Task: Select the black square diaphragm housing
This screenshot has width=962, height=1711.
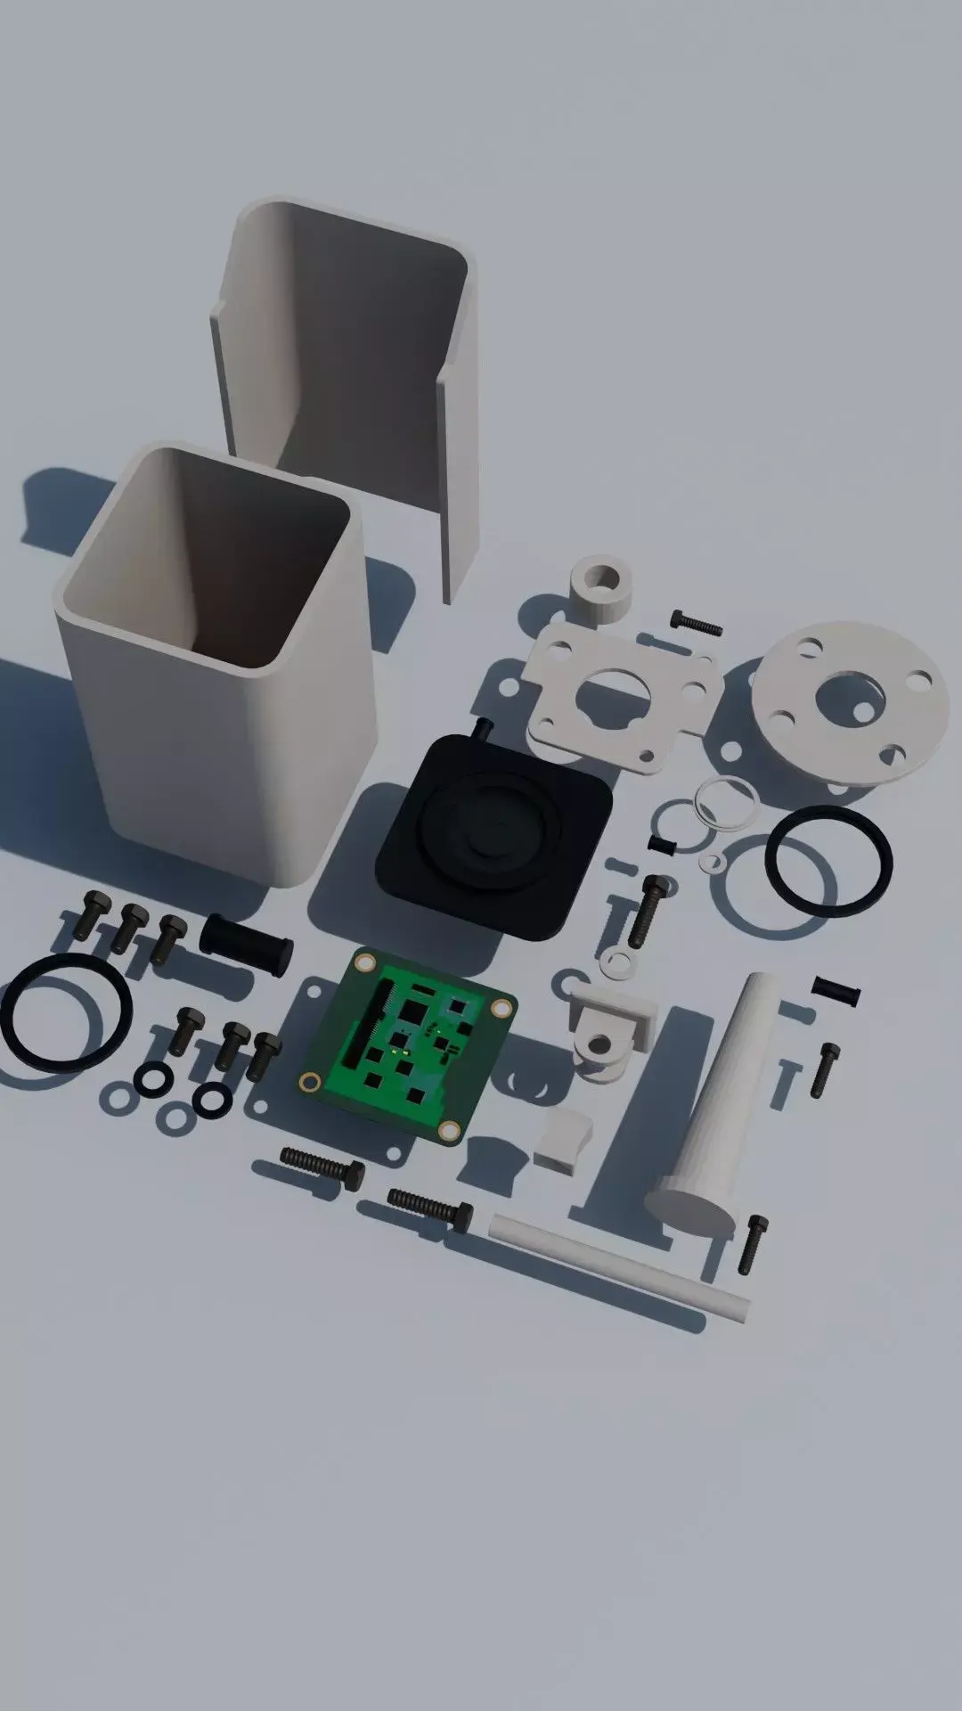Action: pyautogui.click(x=494, y=833)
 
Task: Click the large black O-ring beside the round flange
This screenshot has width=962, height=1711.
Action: pyautogui.click(x=828, y=861)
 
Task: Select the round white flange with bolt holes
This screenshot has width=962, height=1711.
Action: pyautogui.click(x=846, y=700)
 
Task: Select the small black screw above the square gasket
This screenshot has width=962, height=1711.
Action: pyautogui.click(x=697, y=621)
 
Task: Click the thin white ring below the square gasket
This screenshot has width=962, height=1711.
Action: pyautogui.click(x=728, y=804)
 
